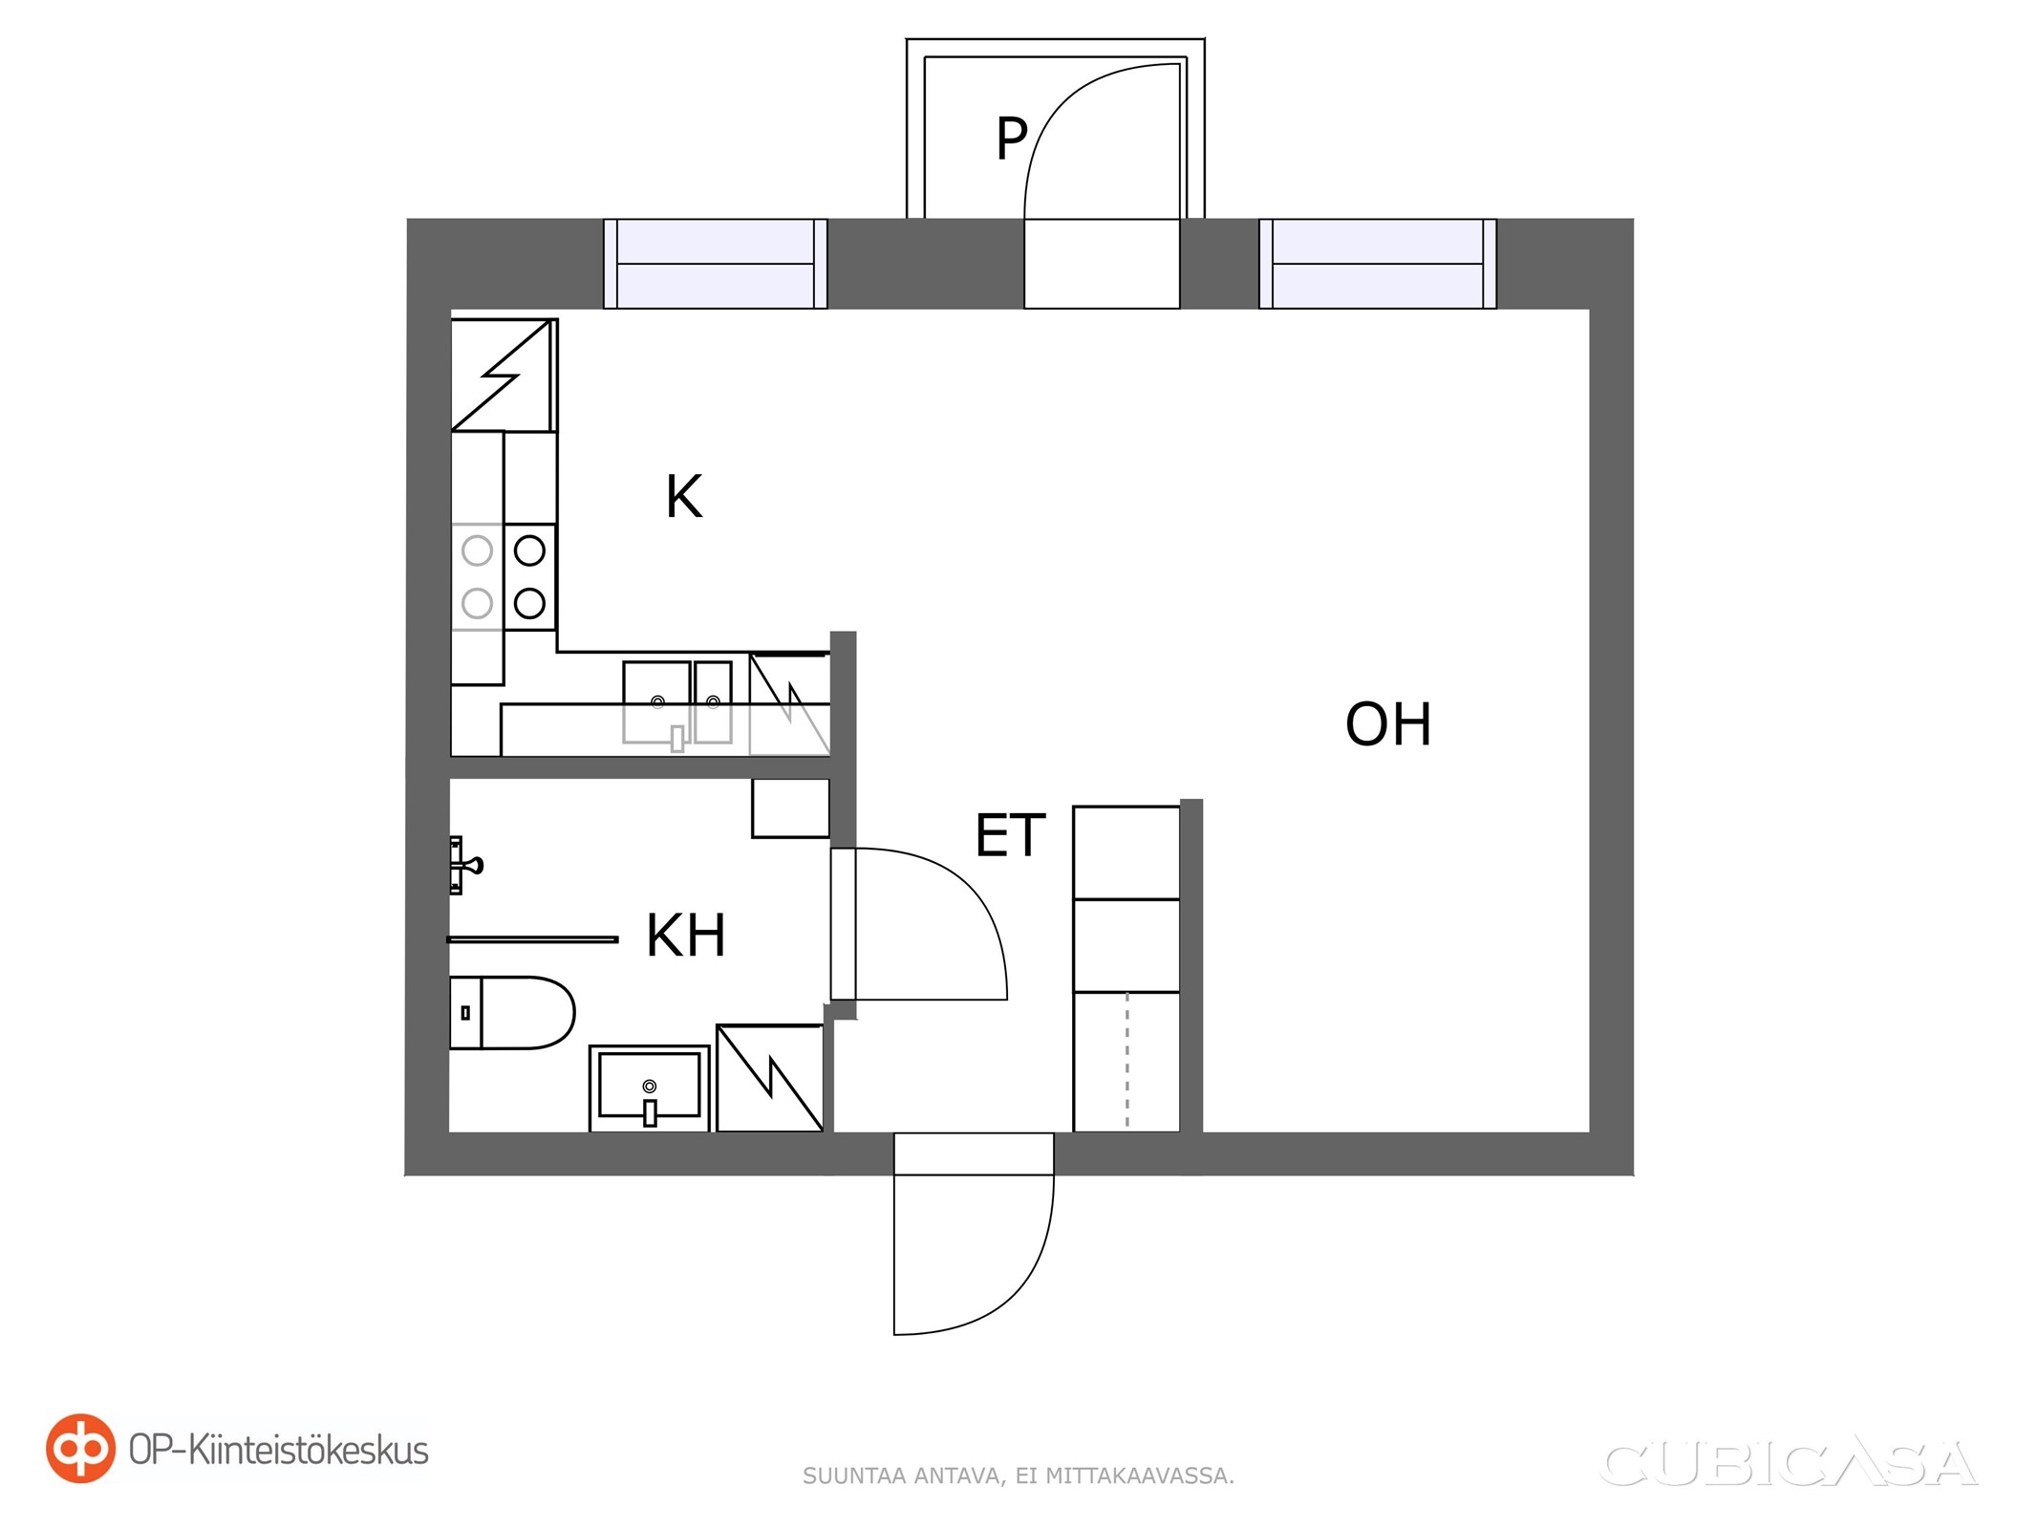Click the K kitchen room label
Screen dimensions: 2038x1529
click(x=684, y=497)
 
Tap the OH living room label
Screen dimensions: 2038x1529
click(x=1387, y=724)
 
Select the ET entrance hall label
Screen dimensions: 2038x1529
click(x=1010, y=835)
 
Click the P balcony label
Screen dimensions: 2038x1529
click(x=1011, y=138)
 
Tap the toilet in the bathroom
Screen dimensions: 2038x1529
click(x=512, y=1012)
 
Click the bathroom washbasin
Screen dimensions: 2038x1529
click(x=650, y=1088)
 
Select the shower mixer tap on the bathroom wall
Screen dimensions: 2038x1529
click(x=465, y=865)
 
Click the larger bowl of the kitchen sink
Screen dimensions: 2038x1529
click(x=656, y=701)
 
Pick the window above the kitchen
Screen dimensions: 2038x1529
click(x=716, y=264)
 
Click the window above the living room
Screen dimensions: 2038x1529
click(x=1378, y=264)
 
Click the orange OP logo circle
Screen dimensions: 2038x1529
click(x=80, y=1448)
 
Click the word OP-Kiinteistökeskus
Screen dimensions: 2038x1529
click(x=279, y=1451)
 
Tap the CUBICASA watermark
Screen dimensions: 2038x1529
click(x=1788, y=1464)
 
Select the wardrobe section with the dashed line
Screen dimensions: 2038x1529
click(x=1126, y=1062)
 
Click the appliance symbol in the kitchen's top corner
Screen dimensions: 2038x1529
click(x=504, y=375)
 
